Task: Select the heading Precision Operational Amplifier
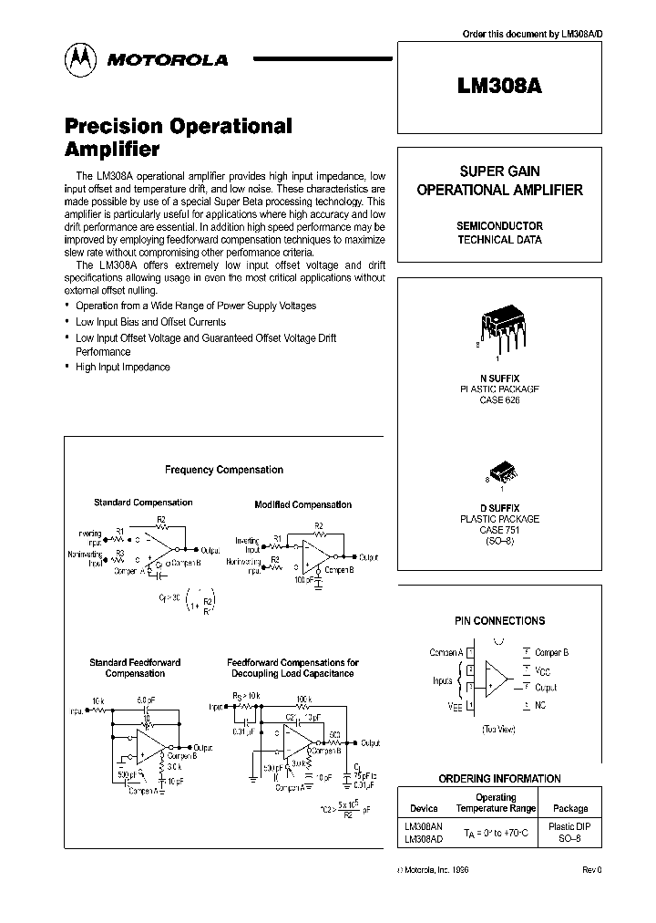(x=178, y=138)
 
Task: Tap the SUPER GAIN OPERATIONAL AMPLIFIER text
(x=499, y=181)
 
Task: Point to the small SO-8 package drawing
(x=500, y=475)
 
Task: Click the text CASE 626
(x=499, y=400)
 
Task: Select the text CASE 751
(x=499, y=530)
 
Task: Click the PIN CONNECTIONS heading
(x=499, y=620)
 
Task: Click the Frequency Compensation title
(x=224, y=470)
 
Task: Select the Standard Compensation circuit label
(x=143, y=503)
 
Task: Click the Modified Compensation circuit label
(x=302, y=504)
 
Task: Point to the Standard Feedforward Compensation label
(x=135, y=668)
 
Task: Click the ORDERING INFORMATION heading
(x=499, y=779)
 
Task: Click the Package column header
(x=570, y=808)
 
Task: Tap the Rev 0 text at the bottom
(x=592, y=870)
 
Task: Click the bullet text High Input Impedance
(x=123, y=367)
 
